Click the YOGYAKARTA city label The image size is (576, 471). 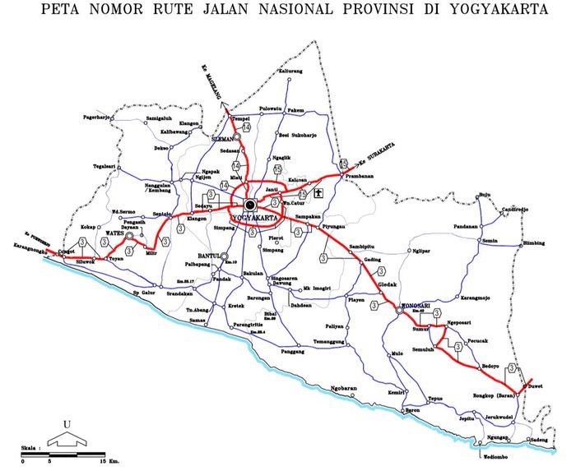pos(257,218)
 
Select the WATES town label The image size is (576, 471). pos(114,233)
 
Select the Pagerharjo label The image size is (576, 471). pos(97,118)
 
